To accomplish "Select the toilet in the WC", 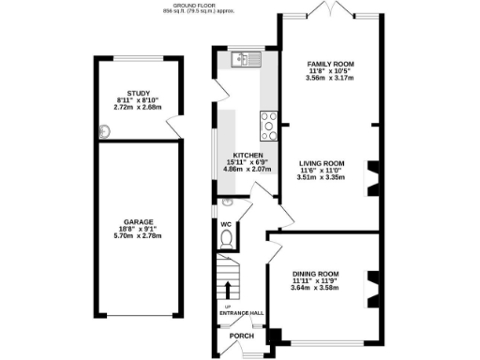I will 225,240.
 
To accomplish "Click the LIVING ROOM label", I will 322,162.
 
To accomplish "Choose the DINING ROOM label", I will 315,273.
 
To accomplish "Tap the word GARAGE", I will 137,221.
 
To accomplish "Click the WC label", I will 226,225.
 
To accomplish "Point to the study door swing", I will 172,127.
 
